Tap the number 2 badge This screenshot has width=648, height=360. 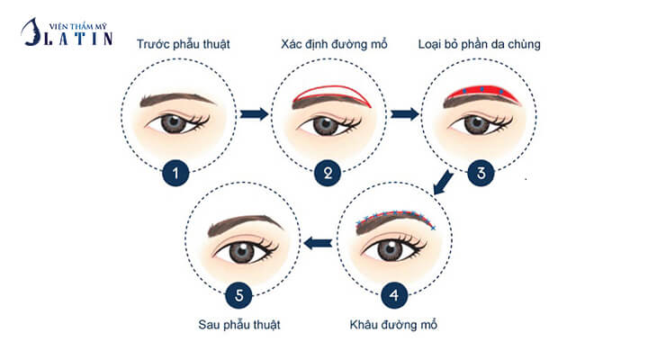pyautogui.click(x=327, y=173)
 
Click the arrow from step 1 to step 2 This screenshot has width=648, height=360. pyautogui.click(x=255, y=114)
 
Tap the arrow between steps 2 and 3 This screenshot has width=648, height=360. pyautogui.click(x=407, y=114)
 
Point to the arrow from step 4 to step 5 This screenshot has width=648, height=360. pyautogui.click(x=315, y=241)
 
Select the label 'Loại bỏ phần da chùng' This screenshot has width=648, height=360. pyautogui.click(x=478, y=42)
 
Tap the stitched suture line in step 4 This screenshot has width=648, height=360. pyautogui.click(x=396, y=215)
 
